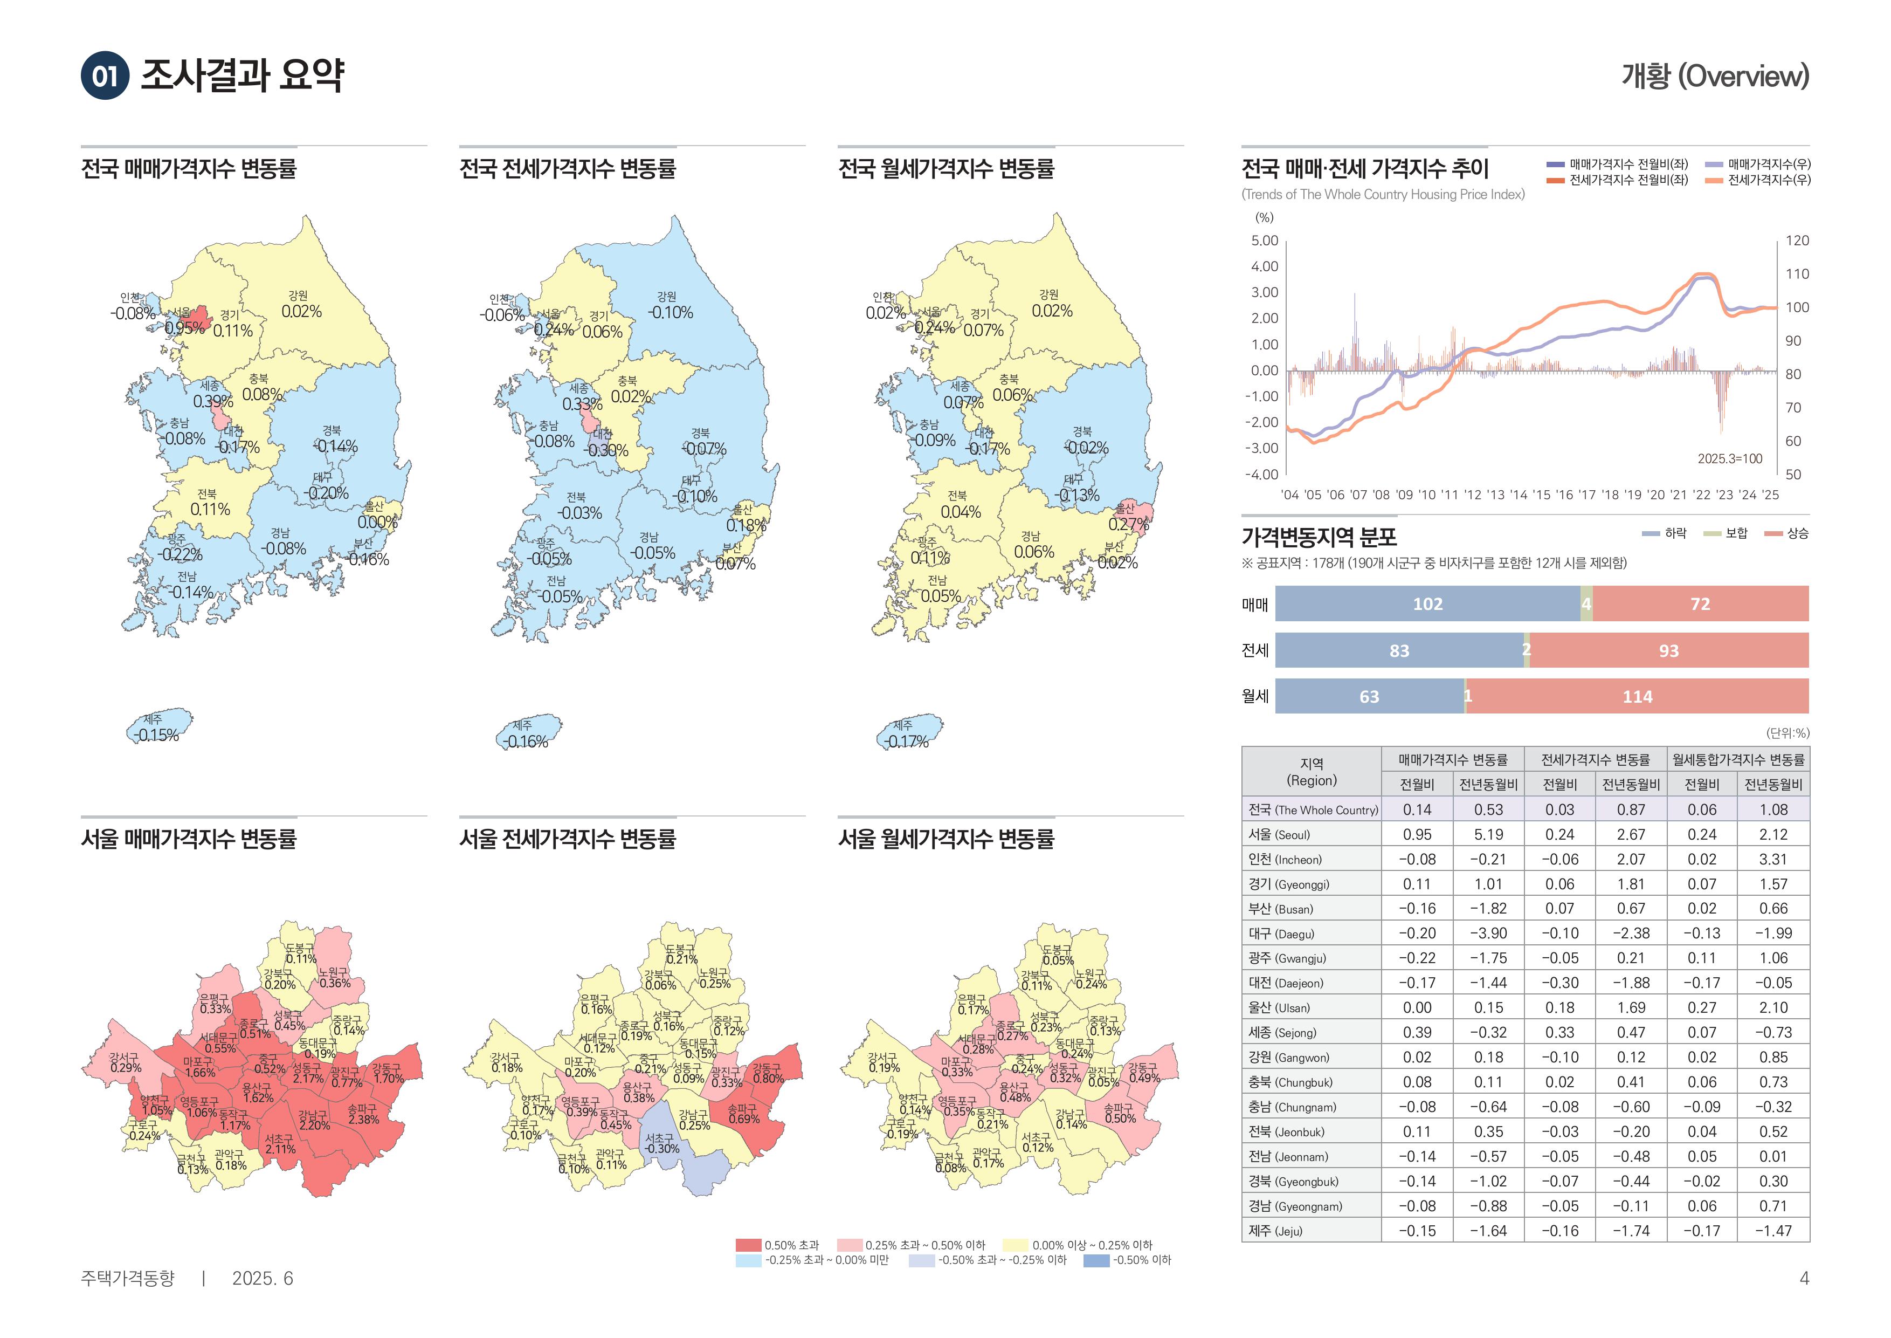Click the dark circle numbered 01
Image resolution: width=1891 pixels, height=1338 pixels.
(105, 76)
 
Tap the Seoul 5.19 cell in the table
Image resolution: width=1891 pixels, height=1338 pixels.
(1488, 835)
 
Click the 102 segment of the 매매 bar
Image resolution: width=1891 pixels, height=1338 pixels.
(1427, 604)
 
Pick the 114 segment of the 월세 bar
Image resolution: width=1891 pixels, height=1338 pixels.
(1637, 697)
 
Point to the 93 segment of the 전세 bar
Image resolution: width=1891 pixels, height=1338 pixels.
(1668, 651)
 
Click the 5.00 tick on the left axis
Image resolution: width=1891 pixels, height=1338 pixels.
(1264, 241)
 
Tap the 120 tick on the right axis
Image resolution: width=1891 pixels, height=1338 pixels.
(1797, 241)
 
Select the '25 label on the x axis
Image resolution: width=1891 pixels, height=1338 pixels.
(1770, 495)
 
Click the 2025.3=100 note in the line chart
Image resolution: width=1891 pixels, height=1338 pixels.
(1730, 459)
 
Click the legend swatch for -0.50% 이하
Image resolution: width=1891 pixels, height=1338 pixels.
(1096, 1260)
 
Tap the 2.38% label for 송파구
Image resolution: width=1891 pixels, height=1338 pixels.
(363, 1120)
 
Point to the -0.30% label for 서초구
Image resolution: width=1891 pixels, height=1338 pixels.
(661, 1149)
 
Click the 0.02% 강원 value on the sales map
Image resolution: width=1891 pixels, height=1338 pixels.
(301, 311)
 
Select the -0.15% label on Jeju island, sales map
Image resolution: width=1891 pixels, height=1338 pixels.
(156, 735)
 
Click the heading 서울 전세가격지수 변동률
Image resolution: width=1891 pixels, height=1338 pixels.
(568, 839)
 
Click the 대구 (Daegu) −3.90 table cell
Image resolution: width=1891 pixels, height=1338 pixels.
(1488, 934)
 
